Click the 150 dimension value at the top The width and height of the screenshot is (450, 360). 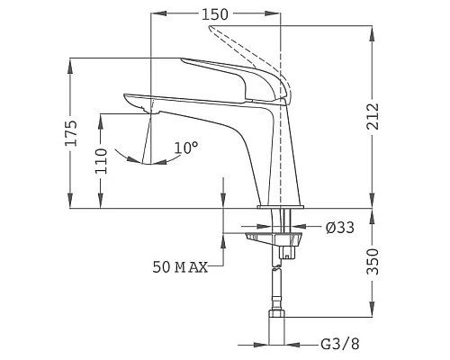[214, 14]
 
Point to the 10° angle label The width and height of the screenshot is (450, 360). [186, 147]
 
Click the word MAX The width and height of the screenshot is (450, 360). [191, 267]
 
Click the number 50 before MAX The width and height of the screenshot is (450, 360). [161, 267]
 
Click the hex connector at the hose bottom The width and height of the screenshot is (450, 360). [278, 319]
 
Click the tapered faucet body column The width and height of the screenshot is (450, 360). [279, 162]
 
